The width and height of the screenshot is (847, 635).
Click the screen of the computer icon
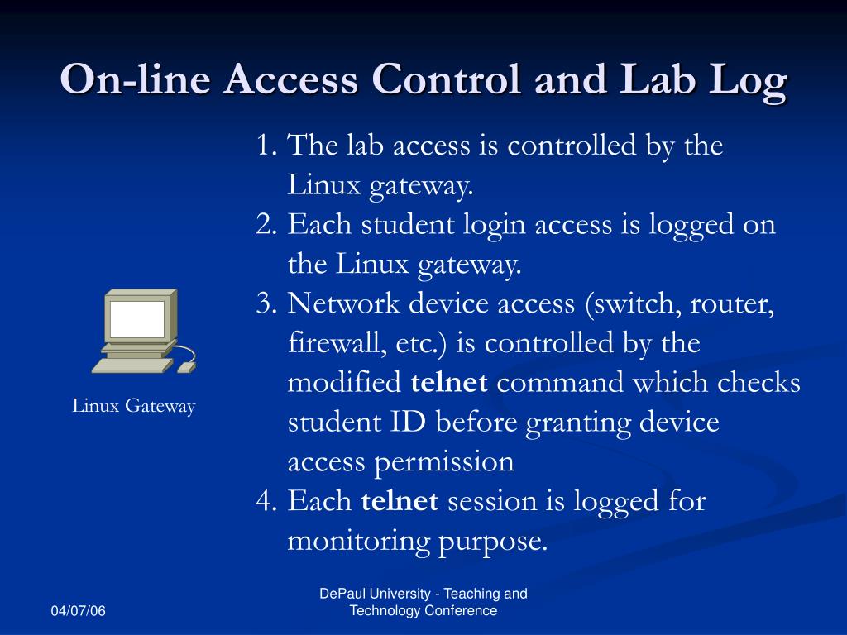tap(137, 319)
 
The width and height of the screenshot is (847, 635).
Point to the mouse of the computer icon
tap(187, 366)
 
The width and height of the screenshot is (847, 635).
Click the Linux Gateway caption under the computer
tap(133, 406)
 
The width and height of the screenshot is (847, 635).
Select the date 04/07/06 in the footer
tap(79, 611)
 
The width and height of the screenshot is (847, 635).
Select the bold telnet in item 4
tap(400, 502)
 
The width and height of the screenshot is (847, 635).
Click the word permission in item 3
tap(444, 462)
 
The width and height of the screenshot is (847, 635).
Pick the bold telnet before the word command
tap(449, 384)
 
